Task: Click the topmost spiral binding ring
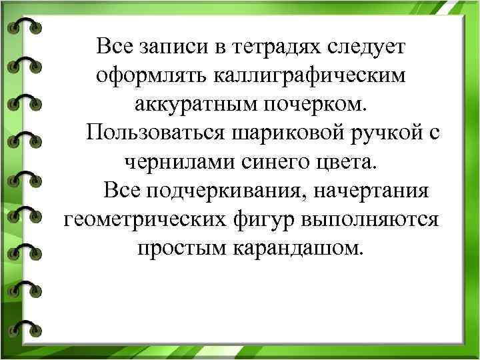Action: coord(25,26)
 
